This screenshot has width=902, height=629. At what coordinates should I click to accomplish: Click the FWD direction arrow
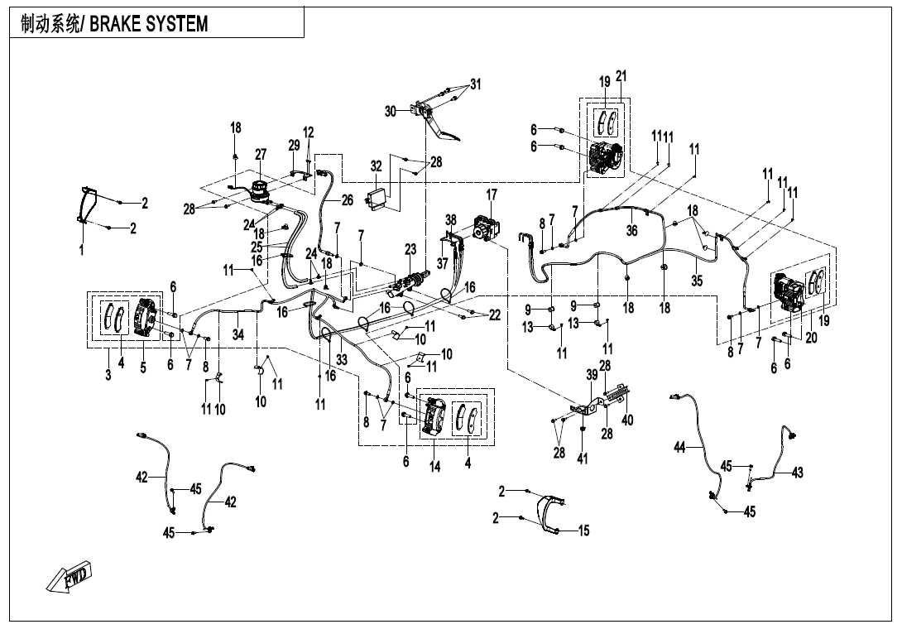click(71, 577)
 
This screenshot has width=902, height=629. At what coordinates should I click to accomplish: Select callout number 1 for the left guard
click(81, 252)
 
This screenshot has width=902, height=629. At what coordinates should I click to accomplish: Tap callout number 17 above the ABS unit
click(492, 194)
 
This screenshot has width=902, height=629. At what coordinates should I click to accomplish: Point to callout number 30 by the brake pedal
click(391, 111)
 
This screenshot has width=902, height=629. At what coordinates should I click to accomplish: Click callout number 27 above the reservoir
click(261, 154)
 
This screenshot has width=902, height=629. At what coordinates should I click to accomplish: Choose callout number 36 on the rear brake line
click(631, 231)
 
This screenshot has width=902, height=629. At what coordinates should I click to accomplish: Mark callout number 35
click(697, 281)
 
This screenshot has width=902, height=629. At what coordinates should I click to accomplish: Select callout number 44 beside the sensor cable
click(679, 447)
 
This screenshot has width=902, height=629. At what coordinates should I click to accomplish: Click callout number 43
click(797, 473)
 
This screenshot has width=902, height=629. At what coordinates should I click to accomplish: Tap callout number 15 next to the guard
click(583, 531)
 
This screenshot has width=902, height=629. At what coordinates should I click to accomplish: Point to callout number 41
click(583, 459)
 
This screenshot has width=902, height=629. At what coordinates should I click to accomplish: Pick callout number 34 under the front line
click(238, 334)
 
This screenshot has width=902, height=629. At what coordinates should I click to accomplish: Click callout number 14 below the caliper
click(435, 466)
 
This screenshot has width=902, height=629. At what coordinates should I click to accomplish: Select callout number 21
click(621, 76)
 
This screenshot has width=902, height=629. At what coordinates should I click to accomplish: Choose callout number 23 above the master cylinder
click(410, 248)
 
